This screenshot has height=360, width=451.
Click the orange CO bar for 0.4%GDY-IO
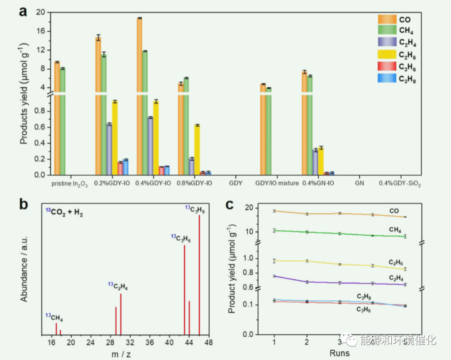pyautogui.click(x=139, y=96)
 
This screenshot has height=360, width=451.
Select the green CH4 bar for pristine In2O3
pyautogui.click(x=63, y=121)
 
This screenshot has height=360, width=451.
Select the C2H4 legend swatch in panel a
pyautogui.click(x=387, y=42)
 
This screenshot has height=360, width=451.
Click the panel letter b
pyautogui.click(x=24, y=204)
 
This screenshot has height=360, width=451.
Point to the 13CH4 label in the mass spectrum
pyautogui.click(x=54, y=317)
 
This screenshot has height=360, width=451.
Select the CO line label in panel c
pyautogui.click(x=394, y=211)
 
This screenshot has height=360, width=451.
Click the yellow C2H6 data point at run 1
pyautogui.click(x=274, y=261)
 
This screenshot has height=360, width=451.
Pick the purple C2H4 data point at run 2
pyautogui.click(x=307, y=282)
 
